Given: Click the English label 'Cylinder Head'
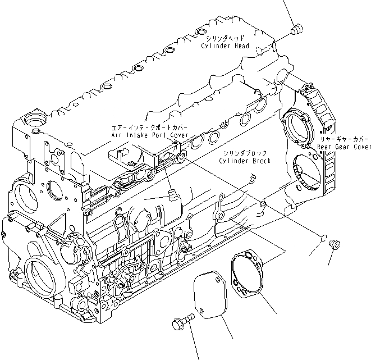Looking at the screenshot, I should coord(225,45).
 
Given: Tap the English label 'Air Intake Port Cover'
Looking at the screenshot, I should coord(149,135).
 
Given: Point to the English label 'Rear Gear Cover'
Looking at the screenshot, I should coord(343,147).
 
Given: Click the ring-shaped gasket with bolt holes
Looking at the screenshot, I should coord(248,274).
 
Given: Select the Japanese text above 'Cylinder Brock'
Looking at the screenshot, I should coord(244,153).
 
